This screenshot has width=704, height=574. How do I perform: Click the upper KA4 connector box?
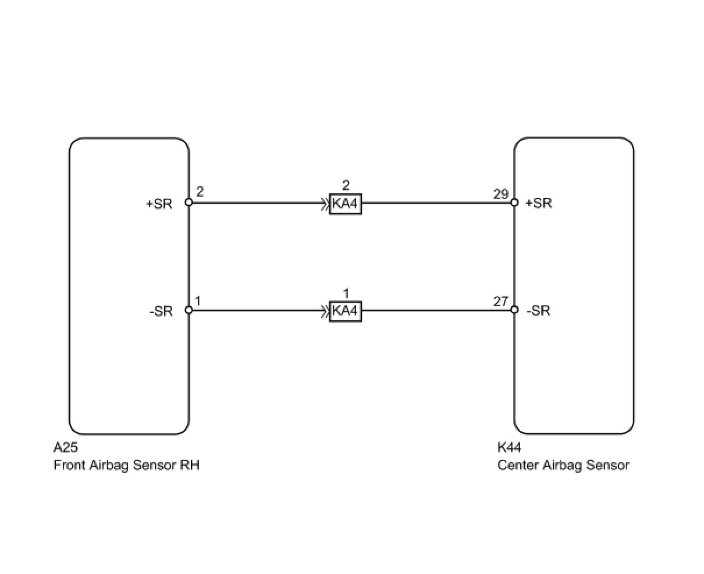345,204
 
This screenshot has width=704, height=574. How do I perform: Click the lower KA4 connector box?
345,311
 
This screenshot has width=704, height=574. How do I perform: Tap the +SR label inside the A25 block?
159,204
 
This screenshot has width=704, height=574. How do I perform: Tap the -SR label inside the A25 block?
161,311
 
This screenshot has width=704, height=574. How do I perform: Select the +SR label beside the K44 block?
538,203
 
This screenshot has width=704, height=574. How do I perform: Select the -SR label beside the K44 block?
538,311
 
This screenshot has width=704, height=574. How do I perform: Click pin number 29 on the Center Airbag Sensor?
501,194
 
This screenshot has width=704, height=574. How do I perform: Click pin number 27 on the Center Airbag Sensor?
501,302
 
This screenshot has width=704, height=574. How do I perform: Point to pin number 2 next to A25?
200,192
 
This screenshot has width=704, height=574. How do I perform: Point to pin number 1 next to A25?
198,301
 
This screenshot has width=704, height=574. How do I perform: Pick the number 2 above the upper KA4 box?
346,185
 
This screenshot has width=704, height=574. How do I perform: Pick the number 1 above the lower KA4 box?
346,293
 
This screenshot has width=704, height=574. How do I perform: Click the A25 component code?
65,448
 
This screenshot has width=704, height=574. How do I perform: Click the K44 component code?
509,448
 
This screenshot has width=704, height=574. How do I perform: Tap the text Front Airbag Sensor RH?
126,465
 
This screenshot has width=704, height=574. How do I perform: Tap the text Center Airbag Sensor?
563,465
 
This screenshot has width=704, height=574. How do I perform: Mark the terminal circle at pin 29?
514,203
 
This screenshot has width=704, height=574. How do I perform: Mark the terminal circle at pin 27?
514,310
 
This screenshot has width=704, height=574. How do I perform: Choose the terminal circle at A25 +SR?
189,203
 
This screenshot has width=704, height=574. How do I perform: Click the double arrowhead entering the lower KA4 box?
325,311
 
